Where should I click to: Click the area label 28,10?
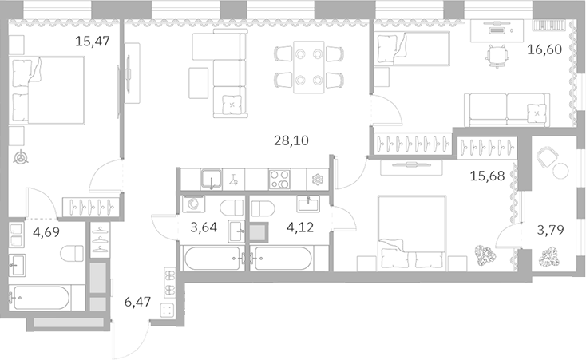pyautogui.click(x=291, y=141)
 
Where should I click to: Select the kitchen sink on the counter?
pyautogui.click(x=211, y=180)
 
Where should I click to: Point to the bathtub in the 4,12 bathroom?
pyautogui.click(x=283, y=259)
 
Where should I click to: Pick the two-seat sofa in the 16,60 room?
pyautogui.click(x=508, y=107)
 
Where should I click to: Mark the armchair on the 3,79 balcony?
pyautogui.click(x=548, y=159)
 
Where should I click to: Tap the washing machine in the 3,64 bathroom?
pyautogui.click(x=193, y=204)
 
